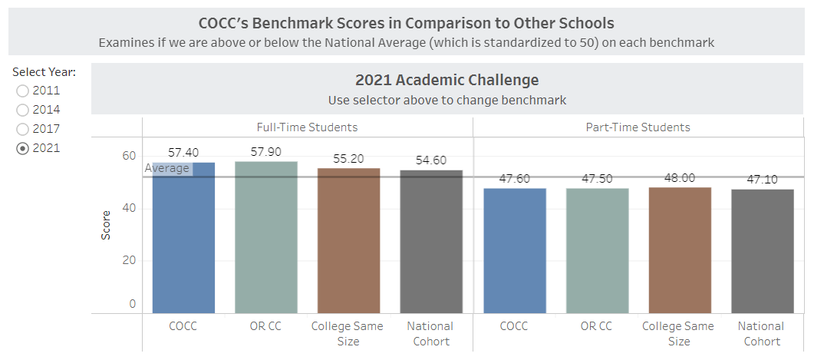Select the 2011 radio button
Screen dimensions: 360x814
[23, 91]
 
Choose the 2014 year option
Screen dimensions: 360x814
[23, 110]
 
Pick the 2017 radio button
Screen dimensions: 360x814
[23, 129]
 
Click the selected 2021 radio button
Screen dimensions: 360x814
[23, 148]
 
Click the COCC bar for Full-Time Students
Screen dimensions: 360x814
[183, 238]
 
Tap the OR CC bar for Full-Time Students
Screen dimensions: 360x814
[265, 238]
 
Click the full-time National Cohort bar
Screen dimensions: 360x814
[431, 242]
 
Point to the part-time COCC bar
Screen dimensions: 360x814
[514, 251]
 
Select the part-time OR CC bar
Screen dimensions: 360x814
[597, 251]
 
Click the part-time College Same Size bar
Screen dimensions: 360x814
[680, 250]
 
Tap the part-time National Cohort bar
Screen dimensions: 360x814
[762, 251]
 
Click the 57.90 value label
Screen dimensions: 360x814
[265, 152]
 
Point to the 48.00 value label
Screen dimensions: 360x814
[680, 178]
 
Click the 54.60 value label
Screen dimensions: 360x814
[431, 160]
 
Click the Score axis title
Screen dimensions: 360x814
[106, 225]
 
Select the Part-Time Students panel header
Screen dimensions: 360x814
[638, 127]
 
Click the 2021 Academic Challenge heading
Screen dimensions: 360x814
[447, 80]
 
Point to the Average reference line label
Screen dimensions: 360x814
[166, 168]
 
